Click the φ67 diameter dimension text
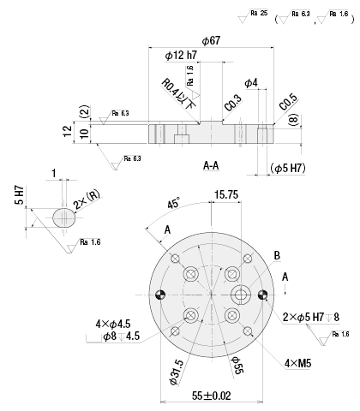[x=211, y=40]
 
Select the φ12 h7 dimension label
[x=181, y=55]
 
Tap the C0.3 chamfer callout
[x=233, y=103]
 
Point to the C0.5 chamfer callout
[x=289, y=102]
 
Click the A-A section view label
[x=211, y=165]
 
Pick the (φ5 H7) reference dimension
[x=288, y=168]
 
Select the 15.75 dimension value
[x=226, y=194]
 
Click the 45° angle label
[x=174, y=203]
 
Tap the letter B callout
[x=277, y=255]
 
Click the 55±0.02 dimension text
[x=212, y=396]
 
